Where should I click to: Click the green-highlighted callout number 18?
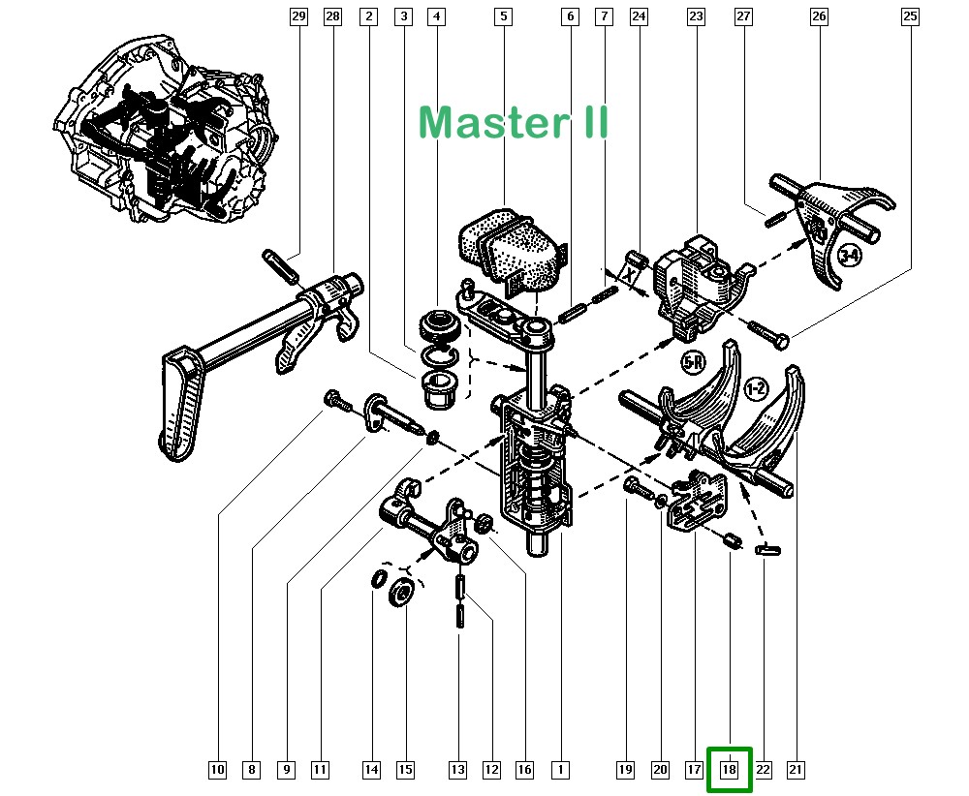[x=729, y=770]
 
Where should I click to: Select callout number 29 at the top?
[x=298, y=16]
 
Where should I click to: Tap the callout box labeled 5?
[x=502, y=16]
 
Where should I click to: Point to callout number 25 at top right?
[x=909, y=16]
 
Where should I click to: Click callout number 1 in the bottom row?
[x=559, y=770]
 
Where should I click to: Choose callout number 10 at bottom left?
[x=216, y=770]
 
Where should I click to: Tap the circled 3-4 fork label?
[x=849, y=256]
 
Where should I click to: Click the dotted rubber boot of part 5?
[x=509, y=245]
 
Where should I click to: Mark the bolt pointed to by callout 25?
[x=769, y=334]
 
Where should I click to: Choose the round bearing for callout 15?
[x=401, y=593]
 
